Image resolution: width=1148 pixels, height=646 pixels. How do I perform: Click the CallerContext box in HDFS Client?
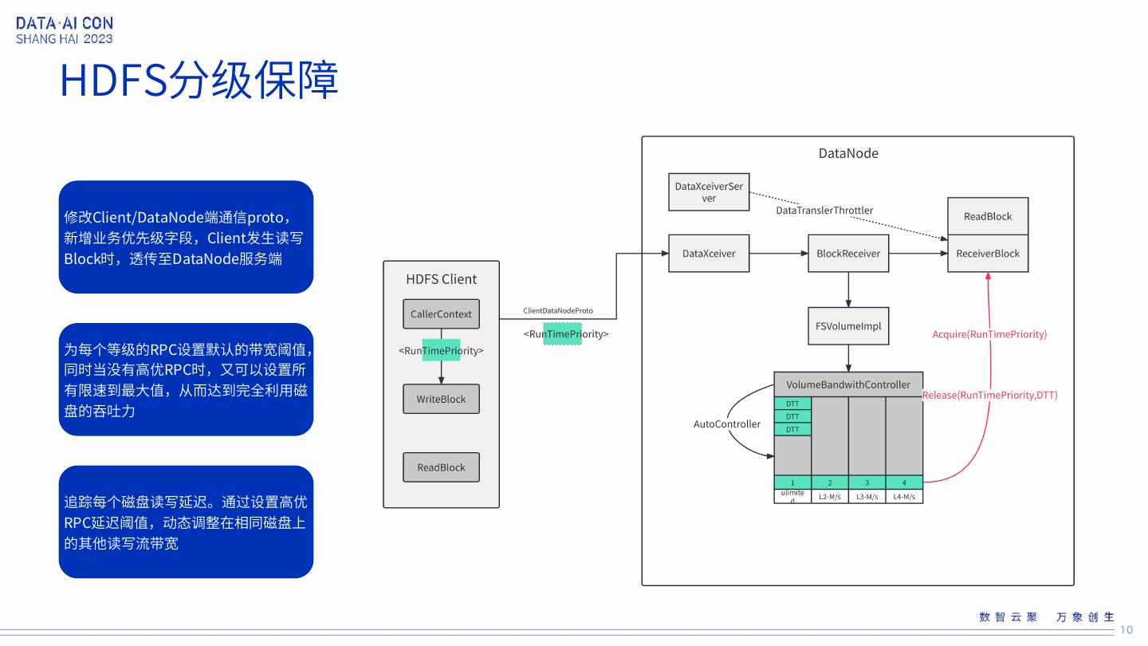(x=441, y=314)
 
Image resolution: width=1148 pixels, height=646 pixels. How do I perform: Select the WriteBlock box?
(x=441, y=399)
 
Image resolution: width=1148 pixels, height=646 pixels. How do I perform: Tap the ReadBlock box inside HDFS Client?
(x=441, y=467)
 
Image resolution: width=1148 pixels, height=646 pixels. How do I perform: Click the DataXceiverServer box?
(x=709, y=192)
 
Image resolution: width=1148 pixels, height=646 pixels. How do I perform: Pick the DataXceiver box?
(x=709, y=254)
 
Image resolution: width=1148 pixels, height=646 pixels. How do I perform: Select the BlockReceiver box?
(x=848, y=254)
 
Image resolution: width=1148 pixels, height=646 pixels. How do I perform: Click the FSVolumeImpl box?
(x=848, y=326)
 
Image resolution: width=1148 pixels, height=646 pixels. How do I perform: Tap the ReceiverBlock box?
(x=988, y=254)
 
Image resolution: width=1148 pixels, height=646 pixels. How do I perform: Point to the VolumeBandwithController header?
(x=848, y=384)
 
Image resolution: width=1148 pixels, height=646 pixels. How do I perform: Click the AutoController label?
(x=727, y=424)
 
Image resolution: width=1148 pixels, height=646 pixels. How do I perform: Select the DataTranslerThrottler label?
(x=824, y=211)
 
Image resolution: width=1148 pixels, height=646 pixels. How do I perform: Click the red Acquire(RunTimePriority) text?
(x=989, y=334)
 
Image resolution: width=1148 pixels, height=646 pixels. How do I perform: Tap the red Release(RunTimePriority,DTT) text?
(x=989, y=395)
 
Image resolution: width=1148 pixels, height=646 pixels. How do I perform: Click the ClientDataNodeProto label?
(x=558, y=310)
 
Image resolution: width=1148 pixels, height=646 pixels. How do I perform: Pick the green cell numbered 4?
(x=904, y=483)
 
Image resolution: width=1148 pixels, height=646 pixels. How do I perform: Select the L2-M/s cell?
(x=830, y=497)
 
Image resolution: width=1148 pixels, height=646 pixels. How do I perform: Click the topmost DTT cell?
(x=792, y=404)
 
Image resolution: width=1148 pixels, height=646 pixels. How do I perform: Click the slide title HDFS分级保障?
(x=199, y=81)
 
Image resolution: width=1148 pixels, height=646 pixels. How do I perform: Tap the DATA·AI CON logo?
(x=65, y=30)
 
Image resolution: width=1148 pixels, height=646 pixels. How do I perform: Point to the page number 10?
(x=1126, y=630)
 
